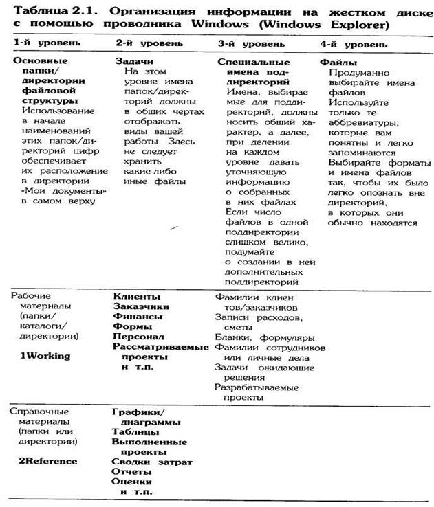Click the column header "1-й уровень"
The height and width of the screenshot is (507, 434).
click(42, 43)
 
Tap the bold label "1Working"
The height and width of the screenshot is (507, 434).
click(45, 356)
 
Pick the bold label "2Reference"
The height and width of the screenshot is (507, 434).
click(47, 461)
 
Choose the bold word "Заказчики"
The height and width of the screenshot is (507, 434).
click(141, 306)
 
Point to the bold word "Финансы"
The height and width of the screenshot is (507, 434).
click(138, 317)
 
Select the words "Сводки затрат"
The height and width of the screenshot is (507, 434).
click(151, 462)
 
